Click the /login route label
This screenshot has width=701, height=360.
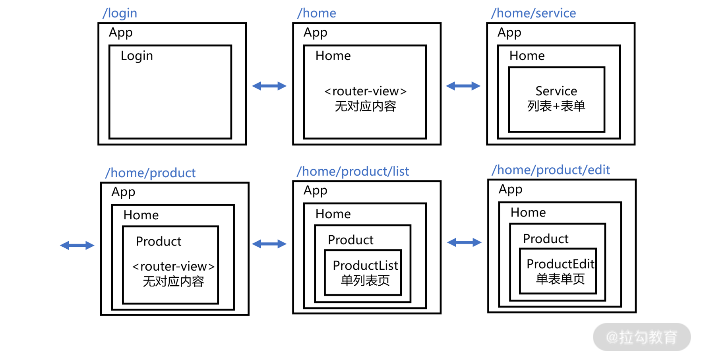tap(120, 14)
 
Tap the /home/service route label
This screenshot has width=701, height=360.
tap(533, 14)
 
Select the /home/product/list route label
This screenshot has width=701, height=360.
tap(353, 172)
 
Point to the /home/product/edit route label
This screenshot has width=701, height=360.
tap(551, 170)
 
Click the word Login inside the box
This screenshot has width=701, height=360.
tap(137, 56)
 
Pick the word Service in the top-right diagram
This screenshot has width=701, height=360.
tap(556, 91)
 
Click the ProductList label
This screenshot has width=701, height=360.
tap(365, 265)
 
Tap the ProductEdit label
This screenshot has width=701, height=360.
tap(560, 264)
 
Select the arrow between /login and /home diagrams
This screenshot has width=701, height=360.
tap(269, 86)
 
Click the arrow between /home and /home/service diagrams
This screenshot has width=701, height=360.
tap(463, 86)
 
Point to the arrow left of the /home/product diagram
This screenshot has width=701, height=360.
tap(77, 246)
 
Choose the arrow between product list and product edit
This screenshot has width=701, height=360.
tap(464, 242)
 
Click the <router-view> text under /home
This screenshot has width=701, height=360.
tap(366, 91)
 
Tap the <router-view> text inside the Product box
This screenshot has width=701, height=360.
tap(173, 266)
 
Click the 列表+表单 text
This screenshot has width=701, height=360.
tap(556, 106)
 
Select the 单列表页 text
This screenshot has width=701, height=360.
tap(365, 281)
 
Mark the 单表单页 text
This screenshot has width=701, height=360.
tap(560, 279)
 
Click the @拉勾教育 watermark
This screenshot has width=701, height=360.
tap(641, 337)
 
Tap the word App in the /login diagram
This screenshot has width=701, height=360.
tap(121, 33)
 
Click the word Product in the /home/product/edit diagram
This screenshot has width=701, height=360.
tap(546, 239)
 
